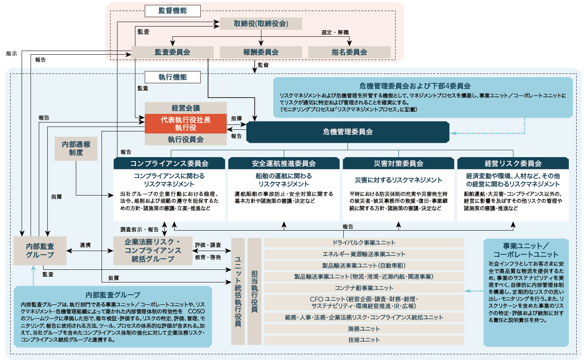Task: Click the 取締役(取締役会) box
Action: (x=261, y=24)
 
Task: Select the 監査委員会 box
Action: (x=173, y=52)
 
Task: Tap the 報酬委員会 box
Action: (x=261, y=52)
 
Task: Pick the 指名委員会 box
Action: (x=350, y=52)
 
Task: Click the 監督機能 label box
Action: (x=173, y=11)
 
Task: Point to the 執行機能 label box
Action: (x=173, y=77)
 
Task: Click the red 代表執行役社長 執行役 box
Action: (x=186, y=124)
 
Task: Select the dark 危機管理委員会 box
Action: (x=348, y=132)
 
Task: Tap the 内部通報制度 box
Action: (x=76, y=149)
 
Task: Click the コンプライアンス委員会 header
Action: (x=169, y=163)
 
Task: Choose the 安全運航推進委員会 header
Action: (x=284, y=163)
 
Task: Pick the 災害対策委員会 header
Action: (x=398, y=163)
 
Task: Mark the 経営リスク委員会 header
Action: (x=513, y=163)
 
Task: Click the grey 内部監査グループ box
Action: (x=40, y=251)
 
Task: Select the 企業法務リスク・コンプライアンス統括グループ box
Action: (x=153, y=251)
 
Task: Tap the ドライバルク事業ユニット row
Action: (x=364, y=242)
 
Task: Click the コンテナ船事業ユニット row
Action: (x=364, y=288)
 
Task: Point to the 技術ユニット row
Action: (x=364, y=340)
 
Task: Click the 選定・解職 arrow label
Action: (x=335, y=32)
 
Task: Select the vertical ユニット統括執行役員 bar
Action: (x=238, y=291)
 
